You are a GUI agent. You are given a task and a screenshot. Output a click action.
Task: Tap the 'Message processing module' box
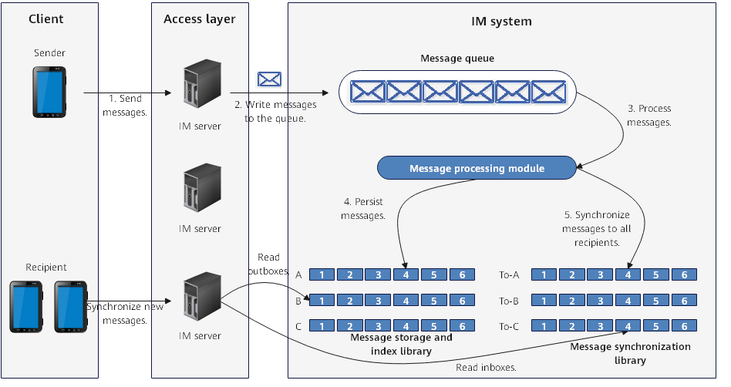pyautogui.click(x=477, y=168)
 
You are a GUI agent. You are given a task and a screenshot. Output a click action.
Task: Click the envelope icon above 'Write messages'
pyautogui.click(x=269, y=79)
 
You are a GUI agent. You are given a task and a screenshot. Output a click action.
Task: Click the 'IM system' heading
pyautogui.click(x=502, y=22)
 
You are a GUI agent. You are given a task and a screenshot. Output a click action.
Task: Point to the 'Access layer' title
pyautogui.click(x=199, y=19)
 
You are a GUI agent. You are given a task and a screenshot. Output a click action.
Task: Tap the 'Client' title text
pyautogui.click(x=46, y=19)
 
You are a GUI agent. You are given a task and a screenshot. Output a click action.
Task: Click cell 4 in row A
pyautogui.click(x=406, y=275)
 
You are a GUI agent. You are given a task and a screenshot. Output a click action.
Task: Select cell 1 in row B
pyautogui.click(x=322, y=301)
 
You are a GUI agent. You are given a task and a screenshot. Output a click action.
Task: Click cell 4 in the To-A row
pyautogui.click(x=628, y=275)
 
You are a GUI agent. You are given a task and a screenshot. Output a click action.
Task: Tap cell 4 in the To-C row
pyautogui.click(x=628, y=326)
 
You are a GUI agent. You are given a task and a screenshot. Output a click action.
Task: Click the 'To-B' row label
pyautogui.click(x=509, y=301)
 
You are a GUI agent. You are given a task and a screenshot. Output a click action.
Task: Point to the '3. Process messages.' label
pyautogui.click(x=649, y=116)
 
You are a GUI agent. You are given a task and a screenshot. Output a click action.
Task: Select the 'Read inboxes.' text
pyautogui.click(x=486, y=368)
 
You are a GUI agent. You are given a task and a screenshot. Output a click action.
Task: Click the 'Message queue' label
pyautogui.click(x=457, y=59)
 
